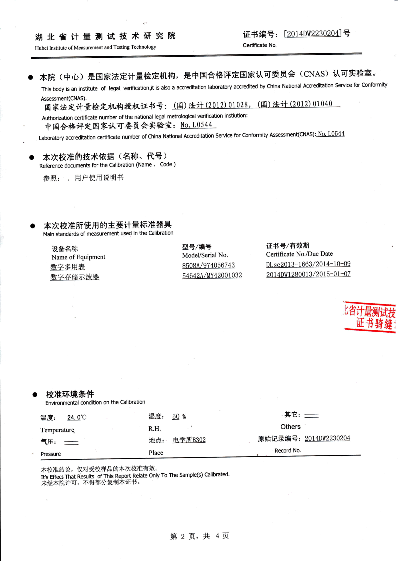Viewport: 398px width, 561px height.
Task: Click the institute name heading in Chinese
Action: [x=105, y=36]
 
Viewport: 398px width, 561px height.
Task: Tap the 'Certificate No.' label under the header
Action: [x=259, y=46]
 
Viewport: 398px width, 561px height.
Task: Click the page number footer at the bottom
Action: [x=199, y=536]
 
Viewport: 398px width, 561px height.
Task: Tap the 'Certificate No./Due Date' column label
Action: [x=299, y=254]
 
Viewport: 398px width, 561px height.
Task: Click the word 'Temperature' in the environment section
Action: [x=58, y=430]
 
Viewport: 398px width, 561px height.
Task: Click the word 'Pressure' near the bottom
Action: [x=50, y=454]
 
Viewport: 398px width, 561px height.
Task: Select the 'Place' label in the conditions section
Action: [x=156, y=453]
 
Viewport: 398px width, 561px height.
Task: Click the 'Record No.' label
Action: [x=287, y=451]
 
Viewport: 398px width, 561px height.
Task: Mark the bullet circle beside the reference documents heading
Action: [x=31, y=156]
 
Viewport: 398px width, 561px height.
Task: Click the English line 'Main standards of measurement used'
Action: [x=108, y=233]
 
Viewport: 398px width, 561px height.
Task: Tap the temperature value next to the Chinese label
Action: [x=72, y=417]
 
